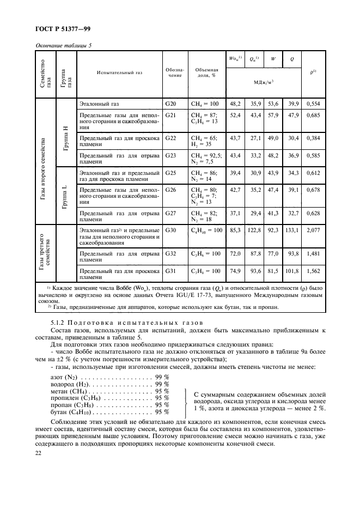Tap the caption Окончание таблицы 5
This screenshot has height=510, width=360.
point(64,46)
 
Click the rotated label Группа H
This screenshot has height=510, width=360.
point(65,132)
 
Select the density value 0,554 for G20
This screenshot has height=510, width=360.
point(312,103)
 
